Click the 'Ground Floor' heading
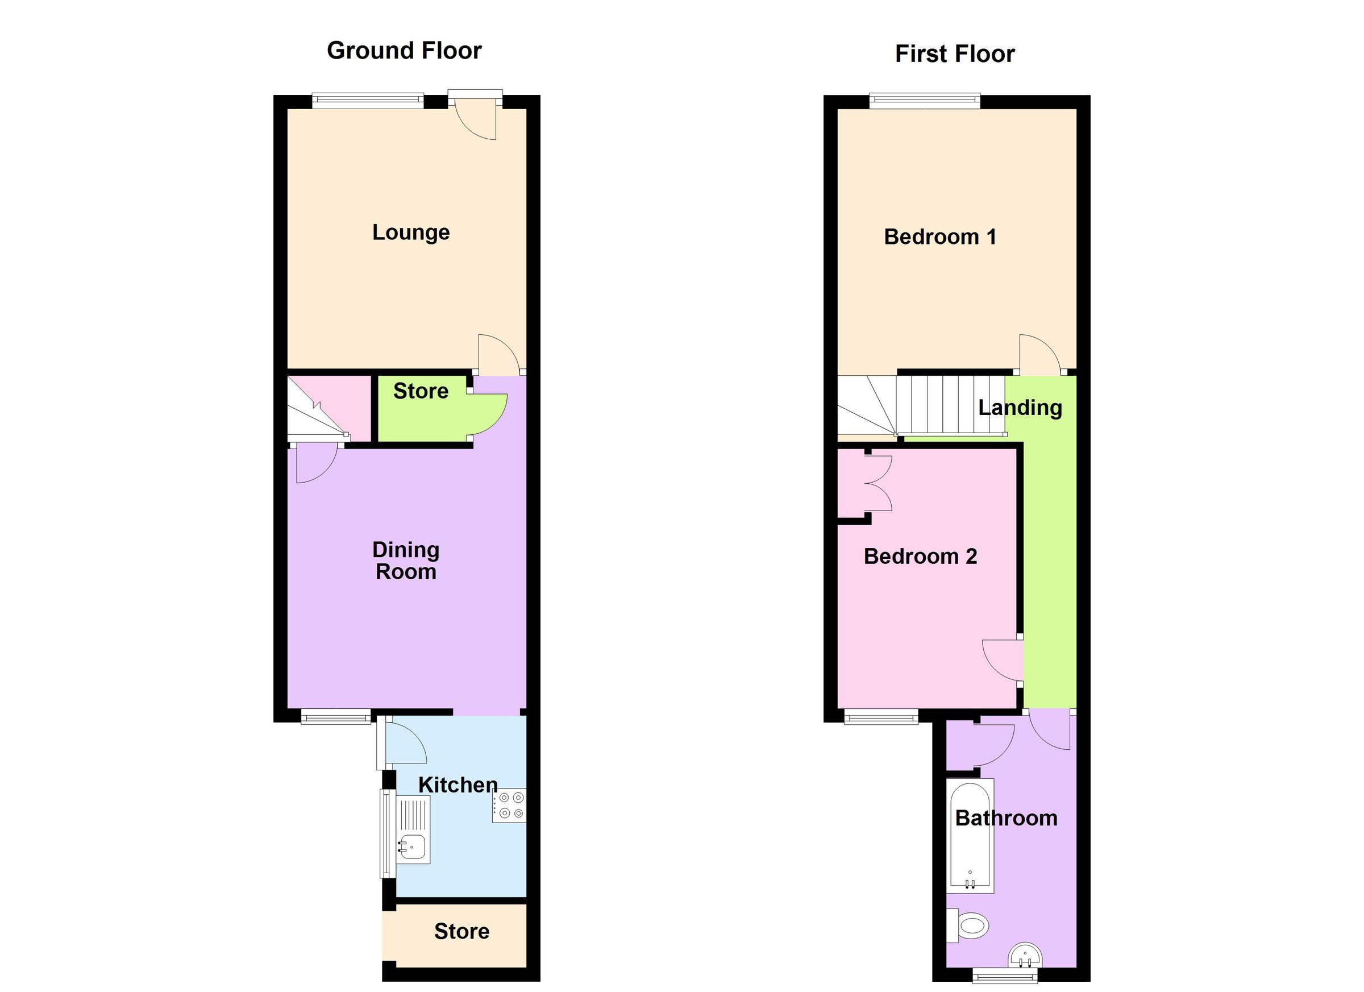[x=404, y=51]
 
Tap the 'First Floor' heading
[x=954, y=54]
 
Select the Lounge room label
[x=411, y=232]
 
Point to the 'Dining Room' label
[x=406, y=561]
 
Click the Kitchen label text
[x=458, y=785]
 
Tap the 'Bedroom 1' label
[x=940, y=236]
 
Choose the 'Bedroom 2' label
[x=920, y=557]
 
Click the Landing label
[x=1020, y=408]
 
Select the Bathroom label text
[x=1006, y=818]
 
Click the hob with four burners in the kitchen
[x=509, y=806]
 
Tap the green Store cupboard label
[x=421, y=392]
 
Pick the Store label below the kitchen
[x=461, y=931]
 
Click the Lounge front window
[x=368, y=101]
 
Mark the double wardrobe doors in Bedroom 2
[x=878, y=483]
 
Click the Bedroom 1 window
[x=924, y=101]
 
